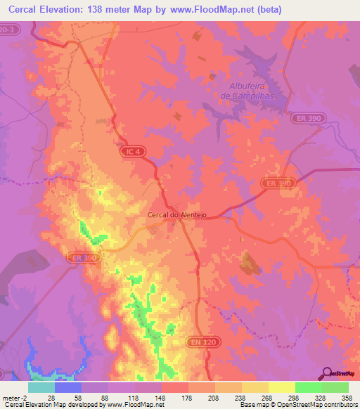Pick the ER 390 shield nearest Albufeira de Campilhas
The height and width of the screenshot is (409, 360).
pos(307,119)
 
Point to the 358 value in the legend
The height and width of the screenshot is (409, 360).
pos(346,397)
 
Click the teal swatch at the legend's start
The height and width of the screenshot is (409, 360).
pos(41,387)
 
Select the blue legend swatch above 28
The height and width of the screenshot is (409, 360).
pos(67,387)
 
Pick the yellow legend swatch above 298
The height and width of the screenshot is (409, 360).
pos(281,387)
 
